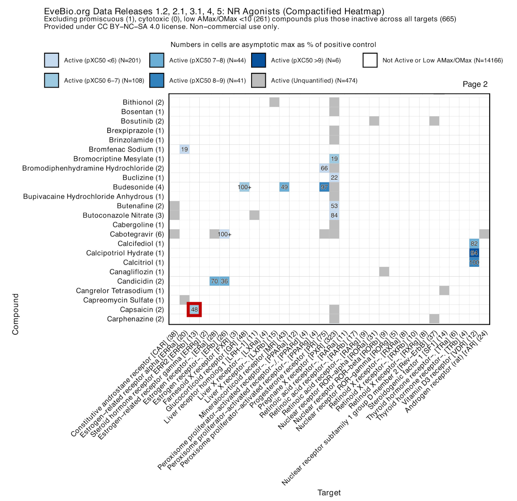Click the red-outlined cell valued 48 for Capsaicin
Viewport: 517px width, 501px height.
pyautogui.click(x=194, y=309)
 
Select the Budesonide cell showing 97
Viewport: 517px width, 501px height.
pyautogui.click(x=324, y=187)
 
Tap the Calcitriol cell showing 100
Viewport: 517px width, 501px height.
pyautogui.click(x=474, y=262)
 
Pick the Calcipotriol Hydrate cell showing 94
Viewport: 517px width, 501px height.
pyautogui.click(x=474, y=253)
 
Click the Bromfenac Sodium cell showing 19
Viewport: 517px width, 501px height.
pyautogui.click(x=185, y=149)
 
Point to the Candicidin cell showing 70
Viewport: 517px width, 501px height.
pyautogui.click(x=214, y=281)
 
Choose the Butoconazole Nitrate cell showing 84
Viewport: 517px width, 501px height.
pyautogui.click(x=334, y=215)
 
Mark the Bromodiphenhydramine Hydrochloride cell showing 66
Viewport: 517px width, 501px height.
pyautogui.click(x=324, y=168)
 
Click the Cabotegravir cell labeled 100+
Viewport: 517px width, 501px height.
pyautogui.click(x=224, y=234)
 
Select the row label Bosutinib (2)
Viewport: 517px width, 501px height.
pyautogui.click(x=142, y=121)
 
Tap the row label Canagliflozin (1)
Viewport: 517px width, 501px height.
pyautogui.click(x=136, y=272)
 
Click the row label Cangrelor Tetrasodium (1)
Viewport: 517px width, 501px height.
pyautogui.click(x=120, y=290)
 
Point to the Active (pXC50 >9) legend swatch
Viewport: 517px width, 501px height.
pyautogui.click(x=258, y=60)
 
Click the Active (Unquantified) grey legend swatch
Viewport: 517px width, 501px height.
pyautogui.click(x=258, y=80)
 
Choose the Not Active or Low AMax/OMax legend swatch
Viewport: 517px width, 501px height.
pyautogui.click(x=370, y=60)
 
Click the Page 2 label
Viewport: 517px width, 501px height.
pyautogui.click(x=475, y=84)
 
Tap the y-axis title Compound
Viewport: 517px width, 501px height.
pyautogui.click(x=16, y=314)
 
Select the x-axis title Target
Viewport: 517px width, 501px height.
pyautogui.click(x=329, y=493)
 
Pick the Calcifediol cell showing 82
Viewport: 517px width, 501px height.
pyautogui.click(x=474, y=244)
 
